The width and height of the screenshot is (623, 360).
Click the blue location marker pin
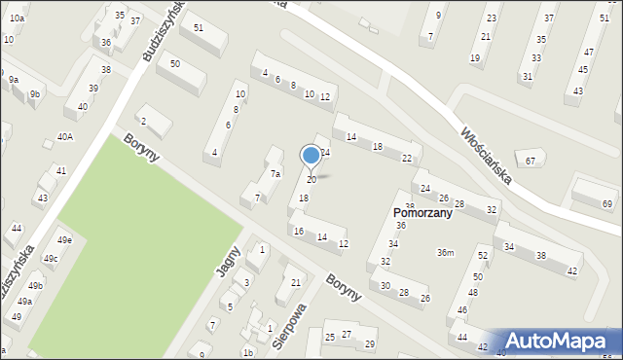click(x=311, y=155)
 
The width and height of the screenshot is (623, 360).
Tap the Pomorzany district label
click(x=421, y=213)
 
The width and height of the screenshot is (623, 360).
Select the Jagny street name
click(x=229, y=263)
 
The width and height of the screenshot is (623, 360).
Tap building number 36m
click(x=445, y=253)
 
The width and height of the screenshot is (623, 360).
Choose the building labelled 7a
click(x=275, y=174)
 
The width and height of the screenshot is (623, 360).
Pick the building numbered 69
click(x=607, y=203)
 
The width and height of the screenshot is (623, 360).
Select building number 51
click(x=198, y=27)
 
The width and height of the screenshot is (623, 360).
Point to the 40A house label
click(x=64, y=137)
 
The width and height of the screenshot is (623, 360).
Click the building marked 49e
click(x=64, y=240)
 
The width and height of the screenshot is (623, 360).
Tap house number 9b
click(x=34, y=93)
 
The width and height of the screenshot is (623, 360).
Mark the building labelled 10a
click(x=18, y=18)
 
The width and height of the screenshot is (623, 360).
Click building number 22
click(x=407, y=158)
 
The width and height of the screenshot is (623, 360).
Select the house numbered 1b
click(x=248, y=353)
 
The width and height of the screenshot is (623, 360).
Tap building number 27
click(x=346, y=335)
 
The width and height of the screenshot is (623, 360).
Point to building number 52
click(x=482, y=255)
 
